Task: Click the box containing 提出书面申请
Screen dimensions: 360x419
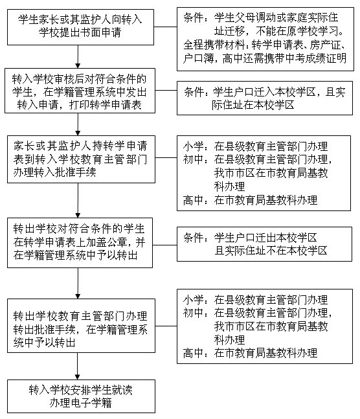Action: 80,27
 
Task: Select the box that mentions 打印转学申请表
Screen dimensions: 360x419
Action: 80,91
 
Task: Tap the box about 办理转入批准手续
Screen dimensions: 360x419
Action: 81,159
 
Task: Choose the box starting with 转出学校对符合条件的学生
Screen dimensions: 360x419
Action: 80,243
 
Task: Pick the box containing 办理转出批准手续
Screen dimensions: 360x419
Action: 81,326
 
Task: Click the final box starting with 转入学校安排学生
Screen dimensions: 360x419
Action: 81,396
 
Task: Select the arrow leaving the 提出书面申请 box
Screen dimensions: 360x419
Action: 78,56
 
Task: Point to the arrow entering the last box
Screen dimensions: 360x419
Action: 78,366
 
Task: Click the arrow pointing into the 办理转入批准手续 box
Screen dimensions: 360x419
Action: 78,124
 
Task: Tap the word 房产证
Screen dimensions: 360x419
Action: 326,45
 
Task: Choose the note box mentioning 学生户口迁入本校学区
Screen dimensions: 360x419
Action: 265,98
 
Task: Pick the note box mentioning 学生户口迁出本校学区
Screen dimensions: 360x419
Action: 264,244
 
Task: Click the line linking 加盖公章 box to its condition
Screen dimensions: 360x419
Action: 164,245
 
